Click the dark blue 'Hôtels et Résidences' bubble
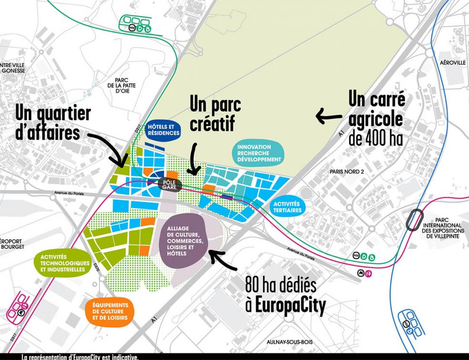coord(164,128)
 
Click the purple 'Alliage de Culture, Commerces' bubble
coord(184,241)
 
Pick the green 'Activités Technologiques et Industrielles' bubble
coord(63,262)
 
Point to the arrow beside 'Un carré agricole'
coord(329,115)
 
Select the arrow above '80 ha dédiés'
coord(221,257)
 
